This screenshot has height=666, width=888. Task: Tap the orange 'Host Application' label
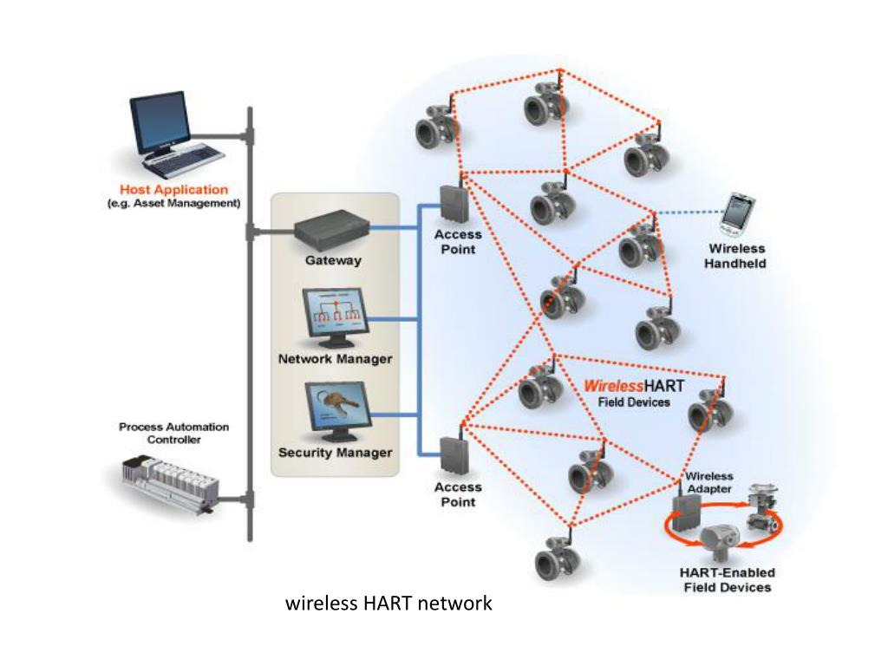pyautogui.click(x=173, y=190)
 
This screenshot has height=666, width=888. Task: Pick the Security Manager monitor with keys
pyautogui.click(x=335, y=412)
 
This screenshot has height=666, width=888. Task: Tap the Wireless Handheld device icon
pyautogui.click(x=737, y=213)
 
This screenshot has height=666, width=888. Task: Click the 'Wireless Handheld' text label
pyautogui.click(x=735, y=256)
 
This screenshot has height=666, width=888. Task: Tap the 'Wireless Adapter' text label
pyautogui.click(x=709, y=483)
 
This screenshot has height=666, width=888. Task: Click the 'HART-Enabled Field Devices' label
pyautogui.click(x=728, y=580)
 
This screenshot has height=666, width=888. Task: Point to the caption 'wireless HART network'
pyautogui.click(x=388, y=603)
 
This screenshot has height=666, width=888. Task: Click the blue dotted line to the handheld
pyautogui.click(x=690, y=212)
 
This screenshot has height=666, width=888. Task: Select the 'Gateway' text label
pyautogui.click(x=333, y=260)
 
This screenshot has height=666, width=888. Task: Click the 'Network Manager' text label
pyautogui.click(x=335, y=359)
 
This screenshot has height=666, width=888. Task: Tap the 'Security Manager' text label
pyautogui.click(x=335, y=453)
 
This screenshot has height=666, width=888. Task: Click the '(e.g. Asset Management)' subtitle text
pyautogui.click(x=173, y=204)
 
